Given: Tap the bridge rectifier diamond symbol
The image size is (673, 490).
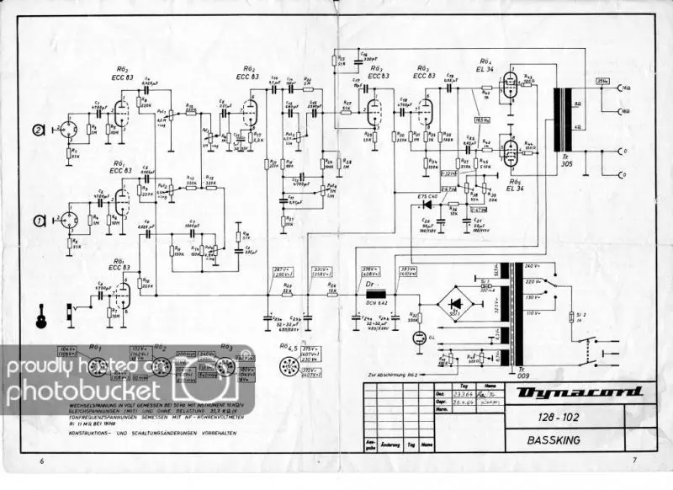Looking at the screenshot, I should pos(456,302).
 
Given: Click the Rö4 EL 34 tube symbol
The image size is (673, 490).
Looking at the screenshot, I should pos(507,85).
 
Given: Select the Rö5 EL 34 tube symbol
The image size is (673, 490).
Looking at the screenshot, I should pos(507,152).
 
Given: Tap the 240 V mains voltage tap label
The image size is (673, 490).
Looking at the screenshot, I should pos(532,266).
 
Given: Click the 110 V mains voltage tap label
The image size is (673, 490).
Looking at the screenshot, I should pos(532,313).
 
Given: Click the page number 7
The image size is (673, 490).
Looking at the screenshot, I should pos(635,462).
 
